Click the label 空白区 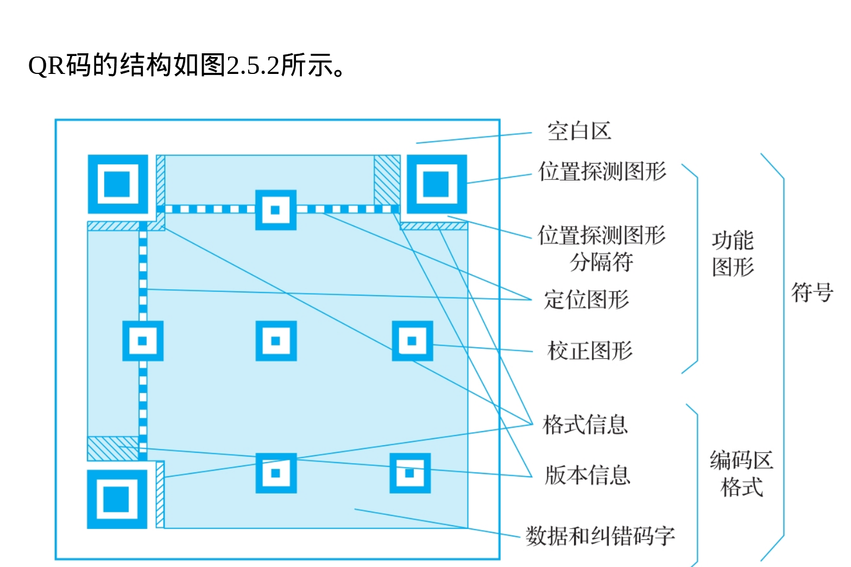coord(579,131)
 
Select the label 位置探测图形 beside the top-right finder coord(602,171)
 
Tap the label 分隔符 coord(601,262)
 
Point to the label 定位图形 coord(587,300)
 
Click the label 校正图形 coord(590,351)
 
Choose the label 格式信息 coord(585,425)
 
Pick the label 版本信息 coord(588,475)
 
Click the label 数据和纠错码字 coord(600,536)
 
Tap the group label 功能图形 coord(733,253)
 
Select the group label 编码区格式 coord(741,473)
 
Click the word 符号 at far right coord(812,292)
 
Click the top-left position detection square coord(118,184)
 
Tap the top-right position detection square coord(437,184)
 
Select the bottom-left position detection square coord(117,499)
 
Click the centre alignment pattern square coord(276,341)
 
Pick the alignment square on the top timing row coord(276,210)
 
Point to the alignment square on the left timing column coord(143,341)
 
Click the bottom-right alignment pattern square coord(410,473)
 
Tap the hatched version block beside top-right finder coord(387,179)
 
